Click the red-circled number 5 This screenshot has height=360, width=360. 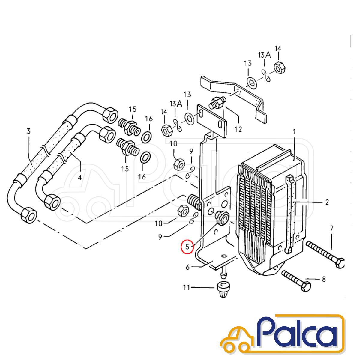(187, 247)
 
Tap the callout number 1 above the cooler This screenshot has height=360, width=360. (294, 132)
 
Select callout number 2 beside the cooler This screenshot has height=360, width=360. (327, 202)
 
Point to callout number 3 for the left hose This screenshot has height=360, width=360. (28, 131)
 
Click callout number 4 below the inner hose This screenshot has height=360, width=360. (80, 177)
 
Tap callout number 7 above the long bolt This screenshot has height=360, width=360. (331, 228)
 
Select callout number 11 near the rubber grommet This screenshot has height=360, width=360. (186, 292)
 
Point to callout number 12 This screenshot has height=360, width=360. (238, 129)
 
